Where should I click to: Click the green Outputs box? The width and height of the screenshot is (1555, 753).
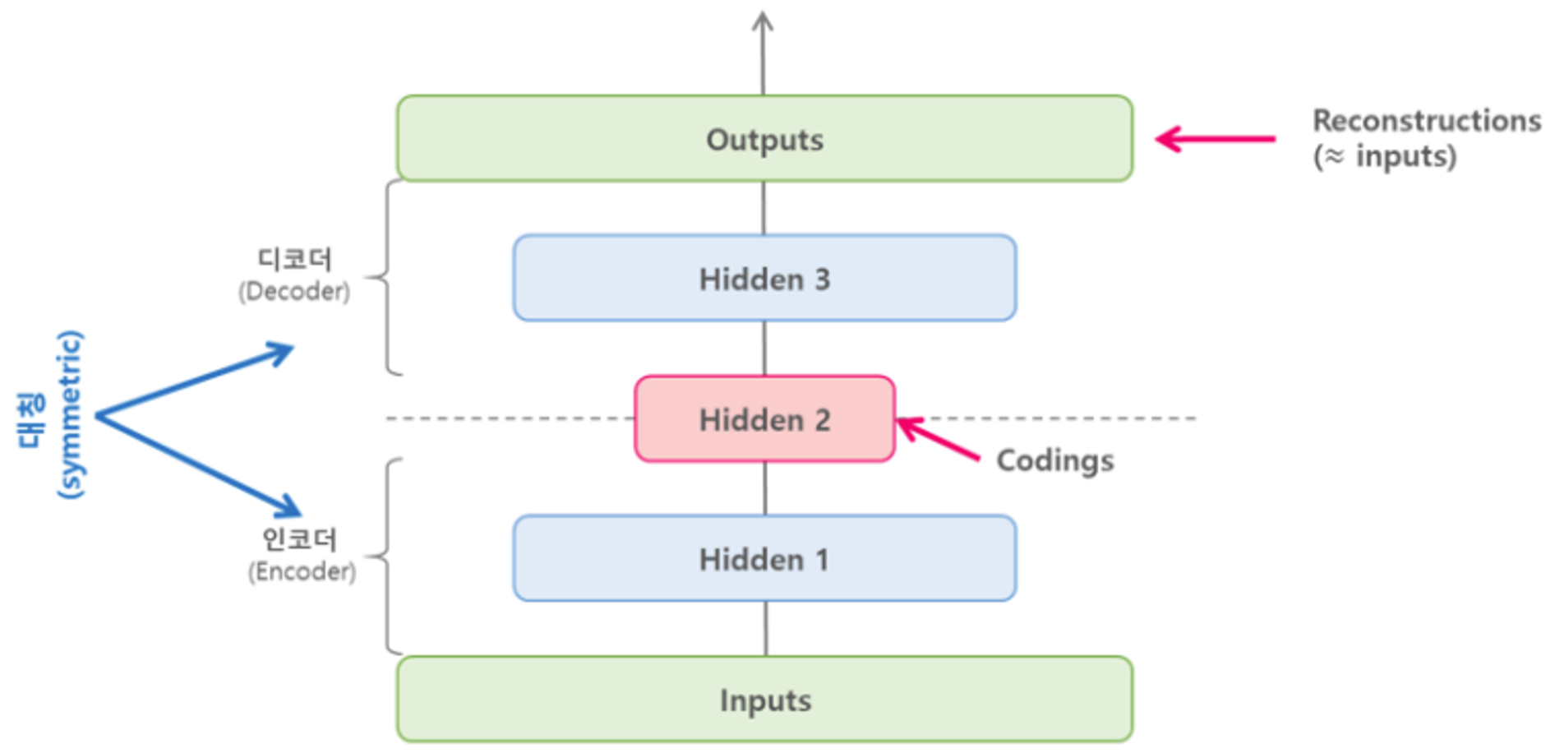764,138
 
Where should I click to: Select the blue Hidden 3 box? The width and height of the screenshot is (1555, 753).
764,278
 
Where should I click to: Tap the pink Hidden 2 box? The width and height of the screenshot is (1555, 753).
764,418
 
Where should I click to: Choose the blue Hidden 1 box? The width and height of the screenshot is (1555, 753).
764,558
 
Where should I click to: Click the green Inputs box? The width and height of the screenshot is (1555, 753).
764,699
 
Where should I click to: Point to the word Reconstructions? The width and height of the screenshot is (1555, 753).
1427,121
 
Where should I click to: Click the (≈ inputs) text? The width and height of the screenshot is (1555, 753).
1384,156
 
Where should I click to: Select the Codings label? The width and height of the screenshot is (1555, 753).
1055,460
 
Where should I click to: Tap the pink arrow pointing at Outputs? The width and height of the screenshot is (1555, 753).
1216,139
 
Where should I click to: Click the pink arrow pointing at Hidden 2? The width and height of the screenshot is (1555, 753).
938,438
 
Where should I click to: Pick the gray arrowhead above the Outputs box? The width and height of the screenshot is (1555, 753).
763,22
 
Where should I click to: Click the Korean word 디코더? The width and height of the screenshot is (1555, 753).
294,260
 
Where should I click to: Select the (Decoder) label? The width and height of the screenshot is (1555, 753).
294,291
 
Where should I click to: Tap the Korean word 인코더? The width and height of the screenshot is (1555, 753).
299,539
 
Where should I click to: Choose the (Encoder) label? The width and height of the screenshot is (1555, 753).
302,571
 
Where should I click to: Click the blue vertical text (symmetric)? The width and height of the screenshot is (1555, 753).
71,414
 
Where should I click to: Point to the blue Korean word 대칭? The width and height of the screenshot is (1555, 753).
31,421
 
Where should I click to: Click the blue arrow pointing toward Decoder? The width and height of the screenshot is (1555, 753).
195,380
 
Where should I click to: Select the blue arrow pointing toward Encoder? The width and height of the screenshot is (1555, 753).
198,466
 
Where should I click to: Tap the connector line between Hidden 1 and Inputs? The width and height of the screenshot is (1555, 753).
766,629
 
